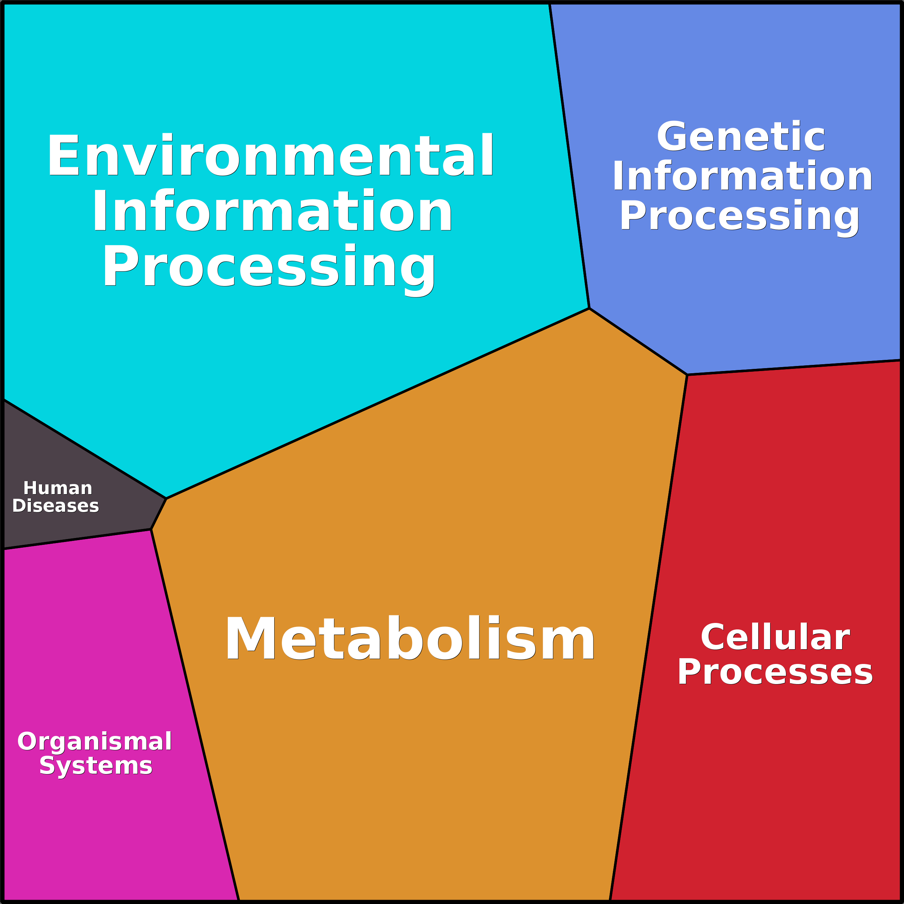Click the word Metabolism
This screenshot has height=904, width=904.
(410, 639)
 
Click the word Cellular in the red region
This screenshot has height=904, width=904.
(775, 637)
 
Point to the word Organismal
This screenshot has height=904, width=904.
(95, 742)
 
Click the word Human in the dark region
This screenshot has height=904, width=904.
(58, 488)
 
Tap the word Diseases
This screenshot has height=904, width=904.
(56, 506)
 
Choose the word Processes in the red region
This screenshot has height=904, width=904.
(775, 672)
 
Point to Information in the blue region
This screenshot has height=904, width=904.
(742, 177)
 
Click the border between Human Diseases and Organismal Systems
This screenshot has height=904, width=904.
(77, 539)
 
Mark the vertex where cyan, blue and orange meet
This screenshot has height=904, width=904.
(589, 308)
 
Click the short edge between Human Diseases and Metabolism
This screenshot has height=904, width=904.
(159, 514)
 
